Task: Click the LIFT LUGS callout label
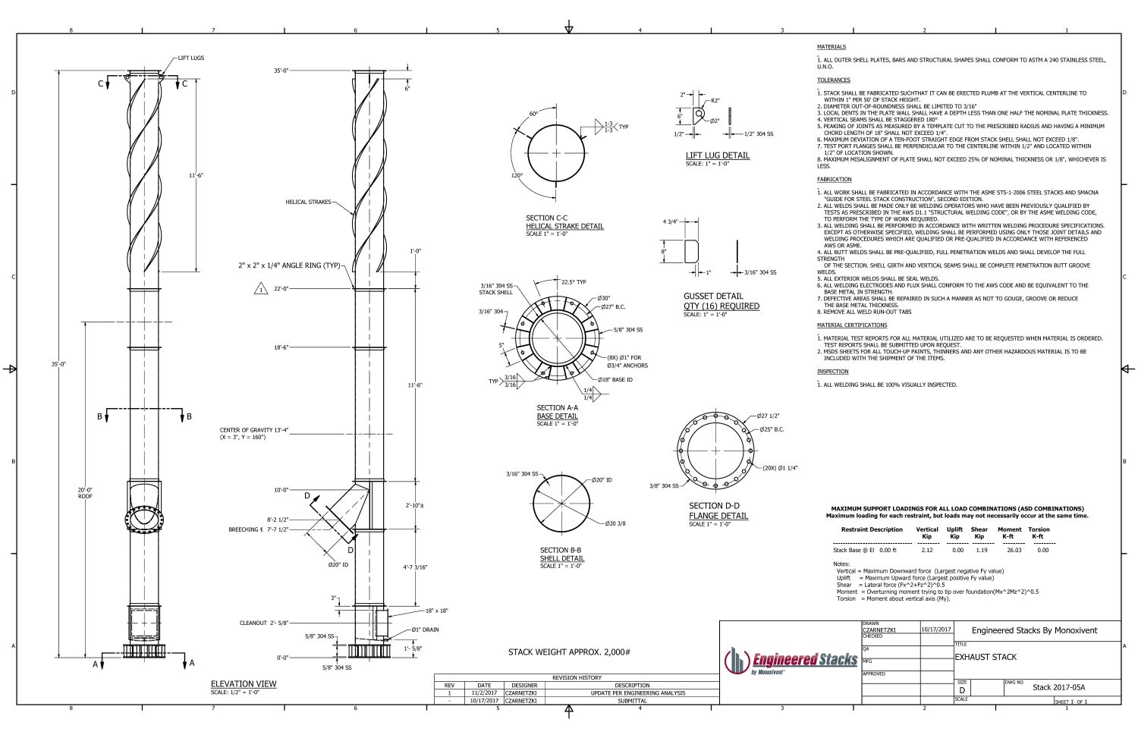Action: click(191, 58)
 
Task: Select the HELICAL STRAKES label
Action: click(308, 202)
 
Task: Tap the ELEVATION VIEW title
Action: click(244, 683)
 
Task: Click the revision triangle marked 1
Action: click(259, 289)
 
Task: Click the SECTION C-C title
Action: click(546, 218)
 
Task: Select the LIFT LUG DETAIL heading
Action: click(717, 155)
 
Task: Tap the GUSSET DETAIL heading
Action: click(713, 296)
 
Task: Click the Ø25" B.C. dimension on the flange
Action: click(770, 429)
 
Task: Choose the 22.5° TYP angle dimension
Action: click(574, 282)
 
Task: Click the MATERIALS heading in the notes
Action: click(831, 47)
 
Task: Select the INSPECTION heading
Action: click(832, 372)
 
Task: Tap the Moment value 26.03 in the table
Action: click(1014, 550)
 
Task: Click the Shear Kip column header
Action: click(979, 532)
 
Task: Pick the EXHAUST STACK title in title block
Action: click(986, 657)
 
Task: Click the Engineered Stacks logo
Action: click(791, 661)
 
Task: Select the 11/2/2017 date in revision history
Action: click(483, 692)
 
